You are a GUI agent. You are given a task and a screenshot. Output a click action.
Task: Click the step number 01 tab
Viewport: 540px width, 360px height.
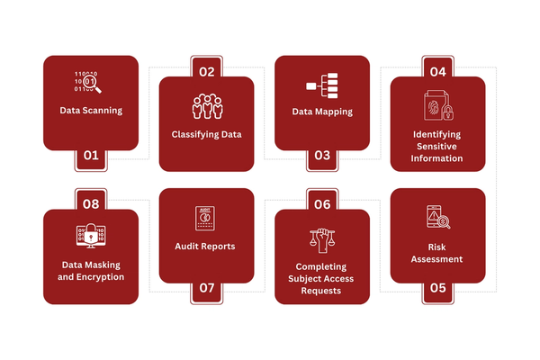coord(91,155)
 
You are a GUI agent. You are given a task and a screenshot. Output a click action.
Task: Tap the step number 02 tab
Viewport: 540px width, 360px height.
coord(206,71)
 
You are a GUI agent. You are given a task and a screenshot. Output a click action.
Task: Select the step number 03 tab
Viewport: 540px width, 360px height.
coord(321,155)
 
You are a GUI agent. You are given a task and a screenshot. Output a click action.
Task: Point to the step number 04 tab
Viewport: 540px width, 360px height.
coord(437,71)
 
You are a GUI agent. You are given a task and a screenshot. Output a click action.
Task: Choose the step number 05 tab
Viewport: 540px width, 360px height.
coord(437,288)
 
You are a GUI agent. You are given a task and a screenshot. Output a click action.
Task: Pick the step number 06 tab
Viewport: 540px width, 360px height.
coord(321,204)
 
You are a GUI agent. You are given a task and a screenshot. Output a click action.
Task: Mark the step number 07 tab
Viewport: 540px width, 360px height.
coord(206,288)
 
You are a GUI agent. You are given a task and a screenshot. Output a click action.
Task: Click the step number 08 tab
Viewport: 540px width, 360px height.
coord(91,204)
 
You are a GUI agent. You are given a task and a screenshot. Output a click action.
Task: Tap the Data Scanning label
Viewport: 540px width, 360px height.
coord(91,112)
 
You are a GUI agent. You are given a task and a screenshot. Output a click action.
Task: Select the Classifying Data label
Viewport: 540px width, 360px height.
coord(206,135)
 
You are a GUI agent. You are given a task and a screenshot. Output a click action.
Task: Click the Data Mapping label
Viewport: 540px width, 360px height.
coord(321,112)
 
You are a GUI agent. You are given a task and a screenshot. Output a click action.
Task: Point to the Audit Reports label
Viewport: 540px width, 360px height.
coord(206,246)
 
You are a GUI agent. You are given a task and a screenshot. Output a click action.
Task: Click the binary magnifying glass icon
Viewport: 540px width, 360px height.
coord(88,82)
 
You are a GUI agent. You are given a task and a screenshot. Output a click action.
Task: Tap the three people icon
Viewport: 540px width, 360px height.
coord(206,105)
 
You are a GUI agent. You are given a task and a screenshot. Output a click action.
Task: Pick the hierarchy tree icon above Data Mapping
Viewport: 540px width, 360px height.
coord(321,85)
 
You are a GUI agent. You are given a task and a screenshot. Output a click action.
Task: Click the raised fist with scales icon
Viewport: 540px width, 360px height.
coord(320,238)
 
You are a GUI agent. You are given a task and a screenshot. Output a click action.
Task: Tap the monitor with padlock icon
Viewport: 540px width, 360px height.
coord(91,237)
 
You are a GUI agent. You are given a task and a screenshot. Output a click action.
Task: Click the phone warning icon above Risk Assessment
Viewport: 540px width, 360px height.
coord(437,218)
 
